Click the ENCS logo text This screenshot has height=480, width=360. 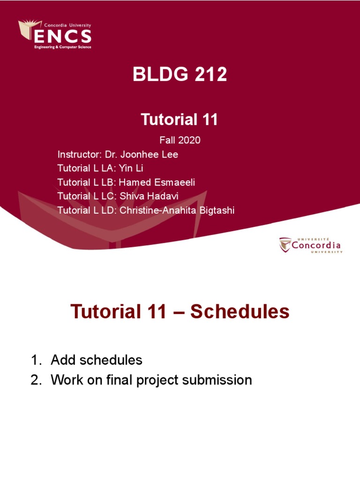pos(63,37)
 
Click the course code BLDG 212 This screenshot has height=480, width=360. pos(180,74)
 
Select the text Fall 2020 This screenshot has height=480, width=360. pos(180,140)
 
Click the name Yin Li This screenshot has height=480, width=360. pos(131,168)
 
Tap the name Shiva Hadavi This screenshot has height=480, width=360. pos(149,196)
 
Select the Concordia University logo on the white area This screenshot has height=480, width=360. pos(311,245)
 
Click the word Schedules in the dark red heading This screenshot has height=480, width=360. pos(240,312)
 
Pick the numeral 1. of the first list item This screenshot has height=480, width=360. pos(36,360)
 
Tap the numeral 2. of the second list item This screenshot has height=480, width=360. pos(36,380)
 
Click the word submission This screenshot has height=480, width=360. pos(217,380)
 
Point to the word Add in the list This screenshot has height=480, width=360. pos(63,360)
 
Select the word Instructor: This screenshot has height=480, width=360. pos(79,154)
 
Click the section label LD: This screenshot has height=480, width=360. pos(109,210)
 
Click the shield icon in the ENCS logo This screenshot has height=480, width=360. pos(30,30)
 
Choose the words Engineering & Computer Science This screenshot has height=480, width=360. pos(63,47)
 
